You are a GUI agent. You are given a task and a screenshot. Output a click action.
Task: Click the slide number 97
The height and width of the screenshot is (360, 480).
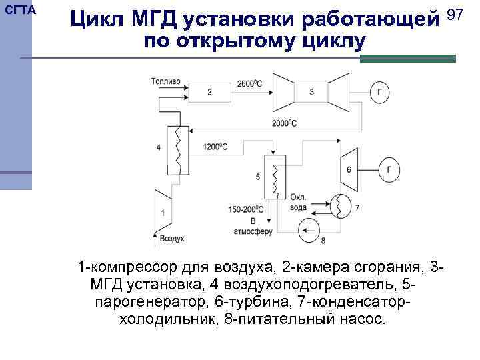pyautogui.click(x=455, y=15)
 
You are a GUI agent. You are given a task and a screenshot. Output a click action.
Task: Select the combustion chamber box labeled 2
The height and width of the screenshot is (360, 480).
pyautogui.click(x=211, y=92)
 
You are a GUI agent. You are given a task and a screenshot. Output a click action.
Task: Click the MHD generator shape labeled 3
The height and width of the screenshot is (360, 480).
pyautogui.click(x=312, y=92)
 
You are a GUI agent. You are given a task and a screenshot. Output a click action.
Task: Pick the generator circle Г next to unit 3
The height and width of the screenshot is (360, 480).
pyautogui.click(x=379, y=93)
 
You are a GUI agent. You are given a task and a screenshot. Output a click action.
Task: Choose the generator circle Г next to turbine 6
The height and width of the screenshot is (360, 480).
pyautogui.click(x=389, y=170)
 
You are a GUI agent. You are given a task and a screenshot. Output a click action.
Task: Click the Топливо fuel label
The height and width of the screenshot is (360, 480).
pyautogui.click(x=165, y=82)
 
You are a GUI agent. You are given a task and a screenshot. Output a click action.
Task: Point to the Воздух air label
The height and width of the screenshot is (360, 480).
pyautogui.click(x=172, y=238)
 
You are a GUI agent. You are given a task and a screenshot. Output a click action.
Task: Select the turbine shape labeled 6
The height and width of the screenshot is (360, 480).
pyautogui.click(x=348, y=170)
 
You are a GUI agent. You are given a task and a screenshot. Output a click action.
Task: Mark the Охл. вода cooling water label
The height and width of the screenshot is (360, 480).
pyautogui.click(x=299, y=202)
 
